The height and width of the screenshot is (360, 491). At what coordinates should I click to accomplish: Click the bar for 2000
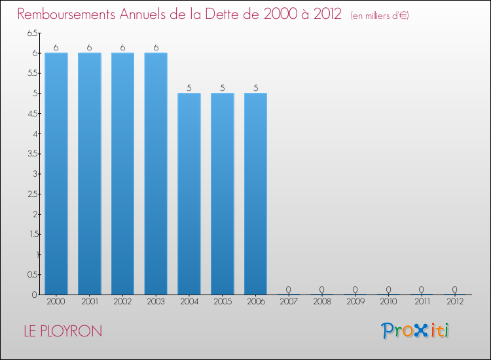point(56,173)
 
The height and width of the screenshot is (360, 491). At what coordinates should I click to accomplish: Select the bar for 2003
point(156,173)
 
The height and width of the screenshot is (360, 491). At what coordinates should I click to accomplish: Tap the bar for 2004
point(189,194)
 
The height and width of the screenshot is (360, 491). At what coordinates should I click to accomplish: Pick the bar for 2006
point(255,194)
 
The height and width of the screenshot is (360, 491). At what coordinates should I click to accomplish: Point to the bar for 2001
point(90,173)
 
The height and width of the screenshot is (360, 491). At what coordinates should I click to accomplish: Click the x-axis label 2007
point(289,302)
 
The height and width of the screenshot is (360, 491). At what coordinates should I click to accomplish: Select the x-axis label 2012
point(454,302)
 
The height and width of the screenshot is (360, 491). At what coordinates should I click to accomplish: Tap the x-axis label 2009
point(355,302)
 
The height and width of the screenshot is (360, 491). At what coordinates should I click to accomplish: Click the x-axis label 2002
point(122,302)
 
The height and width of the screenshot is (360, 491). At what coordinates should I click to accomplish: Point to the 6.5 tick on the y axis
point(32,33)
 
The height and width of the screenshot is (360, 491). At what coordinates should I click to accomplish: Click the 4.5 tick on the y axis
point(32,113)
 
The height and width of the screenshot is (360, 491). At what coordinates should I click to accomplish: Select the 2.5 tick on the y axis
point(32,194)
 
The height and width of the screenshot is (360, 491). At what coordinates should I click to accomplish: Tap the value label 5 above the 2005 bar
point(222,88)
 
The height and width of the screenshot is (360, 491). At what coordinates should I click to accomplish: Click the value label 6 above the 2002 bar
point(122,47)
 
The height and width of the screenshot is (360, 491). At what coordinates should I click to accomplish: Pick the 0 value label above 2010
point(388,289)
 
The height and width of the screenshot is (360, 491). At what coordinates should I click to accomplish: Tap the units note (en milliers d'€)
point(380,16)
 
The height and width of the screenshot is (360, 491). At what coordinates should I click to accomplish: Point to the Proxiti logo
point(416,331)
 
